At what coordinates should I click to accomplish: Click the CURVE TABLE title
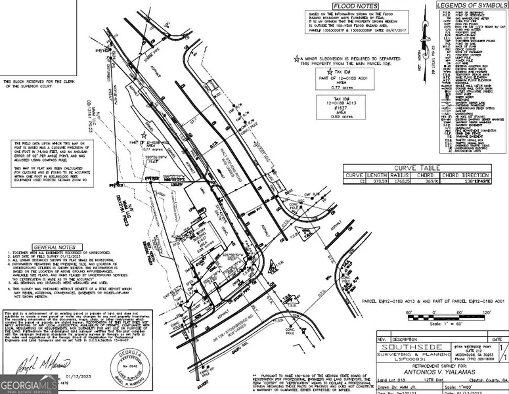tap(418, 168)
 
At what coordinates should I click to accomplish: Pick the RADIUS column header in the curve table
tap(399, 175)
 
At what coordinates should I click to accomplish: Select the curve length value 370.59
tap(376, 182)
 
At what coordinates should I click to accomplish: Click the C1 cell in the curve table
tap(354, 182)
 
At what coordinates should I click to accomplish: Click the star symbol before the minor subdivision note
tap(297, 58)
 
